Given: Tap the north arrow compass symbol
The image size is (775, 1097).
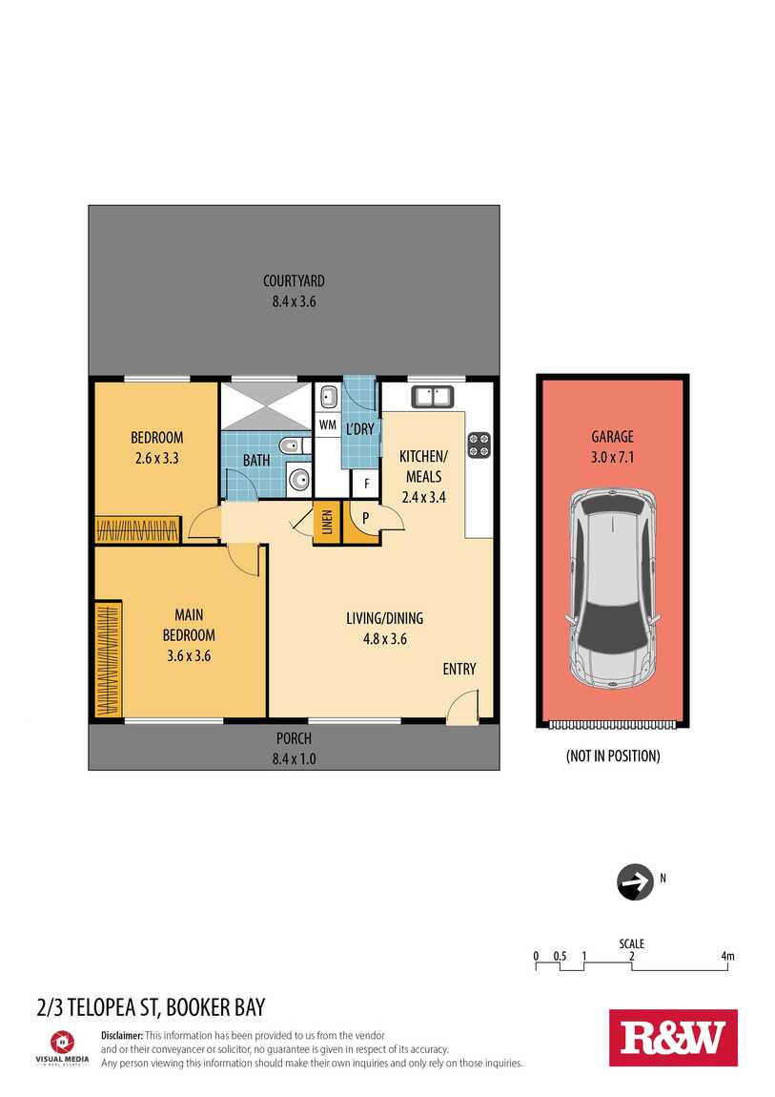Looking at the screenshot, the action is coord(635,881).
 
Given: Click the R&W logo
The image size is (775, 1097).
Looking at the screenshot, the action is coord(673,1038).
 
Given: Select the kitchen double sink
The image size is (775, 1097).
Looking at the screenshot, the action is coord(433,396).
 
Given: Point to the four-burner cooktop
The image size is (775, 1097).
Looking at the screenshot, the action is coord(479,445).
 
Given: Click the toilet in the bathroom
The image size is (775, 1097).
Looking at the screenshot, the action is coord(294,445).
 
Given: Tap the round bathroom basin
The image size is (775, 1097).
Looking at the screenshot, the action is coord(299,480).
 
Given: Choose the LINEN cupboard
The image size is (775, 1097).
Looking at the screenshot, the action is coord(326,522).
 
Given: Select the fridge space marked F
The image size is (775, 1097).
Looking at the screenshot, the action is coord(365,483).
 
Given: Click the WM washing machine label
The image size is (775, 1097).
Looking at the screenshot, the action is coord(327,424).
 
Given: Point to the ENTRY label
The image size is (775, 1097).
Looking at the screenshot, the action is coord(459,669).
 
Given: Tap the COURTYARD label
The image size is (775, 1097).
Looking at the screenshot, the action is coord(294,280).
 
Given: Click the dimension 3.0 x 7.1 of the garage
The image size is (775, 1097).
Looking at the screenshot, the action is coord(612,457).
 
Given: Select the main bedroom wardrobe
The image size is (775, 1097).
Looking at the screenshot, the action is coord(109,659).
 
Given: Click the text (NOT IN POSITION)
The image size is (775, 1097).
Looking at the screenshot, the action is coord(613,755).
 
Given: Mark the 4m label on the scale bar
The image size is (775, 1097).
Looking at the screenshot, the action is coord(727,956).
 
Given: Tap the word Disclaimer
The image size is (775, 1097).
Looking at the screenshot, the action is coord(122,1035).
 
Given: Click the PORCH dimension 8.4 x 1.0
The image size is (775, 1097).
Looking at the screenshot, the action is coord(295,758).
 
